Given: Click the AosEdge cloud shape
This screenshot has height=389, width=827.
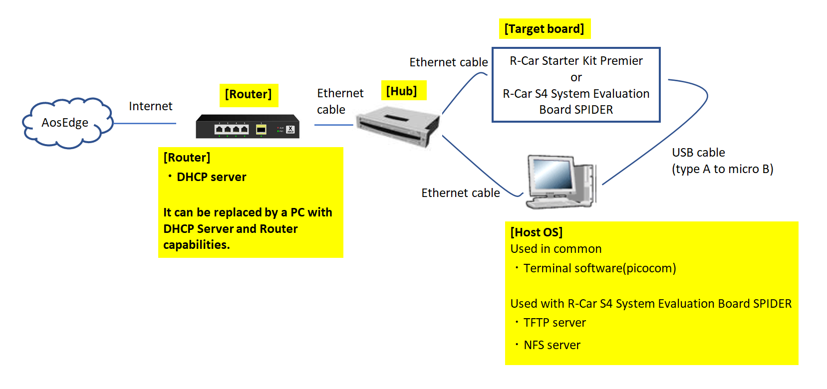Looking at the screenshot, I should [x=66, y=123].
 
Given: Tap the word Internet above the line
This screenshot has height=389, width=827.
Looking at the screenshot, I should [x=150, y=106].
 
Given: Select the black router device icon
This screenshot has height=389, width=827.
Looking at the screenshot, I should [x=248, y=127].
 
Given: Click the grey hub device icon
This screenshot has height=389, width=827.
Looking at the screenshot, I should [x=398, y=126].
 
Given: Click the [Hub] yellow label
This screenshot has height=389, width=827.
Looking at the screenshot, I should [x=402, y=91].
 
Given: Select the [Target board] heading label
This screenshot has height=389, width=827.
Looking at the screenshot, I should [x=544, y=29].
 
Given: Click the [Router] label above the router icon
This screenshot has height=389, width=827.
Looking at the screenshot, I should [x=248, y=94].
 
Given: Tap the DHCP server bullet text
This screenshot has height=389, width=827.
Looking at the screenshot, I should [x=211, y=177].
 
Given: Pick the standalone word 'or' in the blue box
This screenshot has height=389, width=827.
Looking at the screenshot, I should [x=576, y=77].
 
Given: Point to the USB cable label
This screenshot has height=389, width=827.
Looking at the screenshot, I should [x=698, y=153].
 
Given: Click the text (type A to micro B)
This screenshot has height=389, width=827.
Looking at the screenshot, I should [x=722, y=169].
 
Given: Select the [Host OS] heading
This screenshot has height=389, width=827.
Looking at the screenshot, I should [x=536, y=232].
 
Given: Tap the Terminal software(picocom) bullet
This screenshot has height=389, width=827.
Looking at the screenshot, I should [x=599, y=268].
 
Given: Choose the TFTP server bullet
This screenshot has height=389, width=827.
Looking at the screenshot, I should [x=554, y=323].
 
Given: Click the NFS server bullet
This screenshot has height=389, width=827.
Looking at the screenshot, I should [x=551, y=345].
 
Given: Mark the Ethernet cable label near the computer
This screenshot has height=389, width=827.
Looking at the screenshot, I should [x=460, y=193].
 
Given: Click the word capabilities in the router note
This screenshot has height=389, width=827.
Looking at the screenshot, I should [x=196, y=245].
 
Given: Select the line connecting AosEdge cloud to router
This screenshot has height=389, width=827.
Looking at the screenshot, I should [x=145, y=123].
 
